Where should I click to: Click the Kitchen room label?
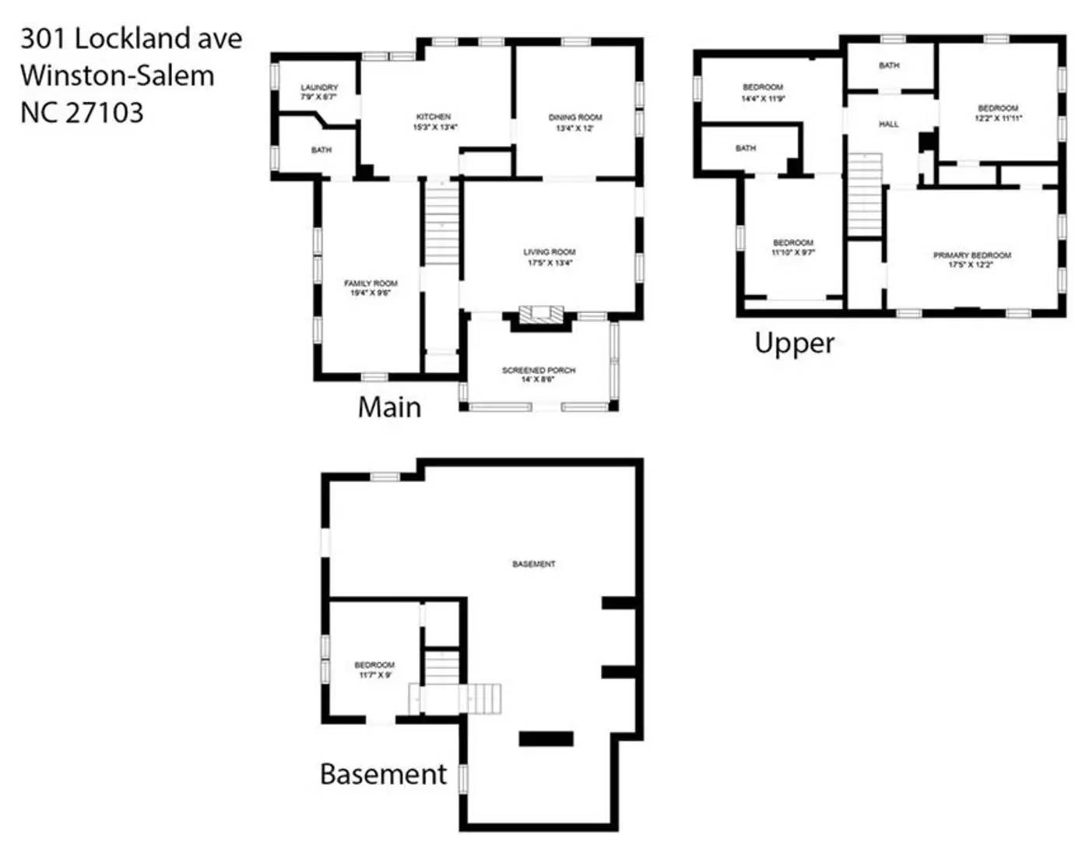(434, 121)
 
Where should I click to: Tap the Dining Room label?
(575, 122)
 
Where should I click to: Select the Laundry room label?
(319, 92)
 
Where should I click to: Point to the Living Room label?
(550, 257)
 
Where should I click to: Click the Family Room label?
(371, 288)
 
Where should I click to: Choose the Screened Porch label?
(539, 375)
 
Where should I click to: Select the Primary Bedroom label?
(971, 259)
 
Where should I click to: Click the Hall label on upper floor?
(888, 124)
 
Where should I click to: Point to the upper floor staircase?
(864, 195)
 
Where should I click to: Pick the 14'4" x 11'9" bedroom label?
(763, 93)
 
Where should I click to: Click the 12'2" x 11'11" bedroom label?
(998, 113)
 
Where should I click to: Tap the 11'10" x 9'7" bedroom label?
(793, 248)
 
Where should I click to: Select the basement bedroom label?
(374, 670)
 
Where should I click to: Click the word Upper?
(794, 343)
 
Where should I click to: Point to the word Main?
(389, 407)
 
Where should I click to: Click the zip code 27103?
(104, 113)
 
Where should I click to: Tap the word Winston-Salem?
(117, 76)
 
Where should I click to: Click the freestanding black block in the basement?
(546, 739)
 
